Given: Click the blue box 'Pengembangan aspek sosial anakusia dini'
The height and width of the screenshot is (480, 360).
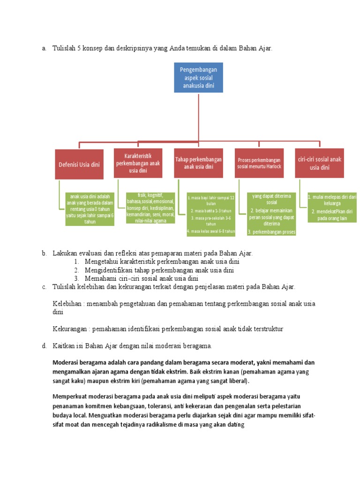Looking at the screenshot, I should coord(199,77).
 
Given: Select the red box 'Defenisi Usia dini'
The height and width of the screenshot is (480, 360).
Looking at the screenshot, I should coord(79,164).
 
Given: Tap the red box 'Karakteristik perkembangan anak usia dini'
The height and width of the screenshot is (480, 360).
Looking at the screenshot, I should coord(138,163).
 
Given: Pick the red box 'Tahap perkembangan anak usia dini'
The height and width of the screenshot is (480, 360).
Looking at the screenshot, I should coord(198,163).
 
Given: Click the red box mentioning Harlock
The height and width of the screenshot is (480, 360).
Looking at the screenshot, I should coord(259,163).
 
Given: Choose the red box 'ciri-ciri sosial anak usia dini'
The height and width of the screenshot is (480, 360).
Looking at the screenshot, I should coord(320,163).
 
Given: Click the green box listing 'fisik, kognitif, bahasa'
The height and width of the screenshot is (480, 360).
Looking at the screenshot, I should coord(150,208).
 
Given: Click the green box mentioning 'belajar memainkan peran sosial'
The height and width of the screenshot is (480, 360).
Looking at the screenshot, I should coord(271,214).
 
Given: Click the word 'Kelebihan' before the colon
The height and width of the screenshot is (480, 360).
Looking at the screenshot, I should coord(68,304).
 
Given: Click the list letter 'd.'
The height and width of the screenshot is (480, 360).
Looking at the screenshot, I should coord(44,346).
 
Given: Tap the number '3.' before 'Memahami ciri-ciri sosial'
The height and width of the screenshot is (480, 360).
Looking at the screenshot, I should coord(76,278).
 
